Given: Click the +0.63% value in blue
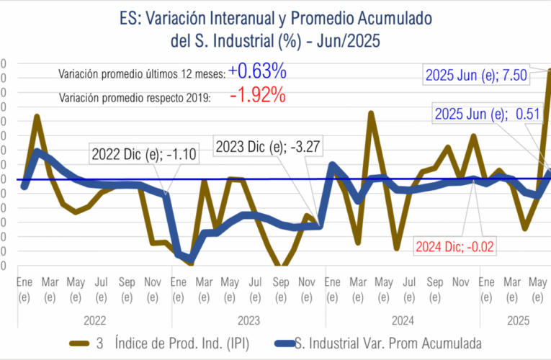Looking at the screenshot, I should click(257, 71).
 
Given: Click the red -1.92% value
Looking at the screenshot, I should click(257, 94).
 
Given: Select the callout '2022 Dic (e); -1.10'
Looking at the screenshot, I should click(135, 153).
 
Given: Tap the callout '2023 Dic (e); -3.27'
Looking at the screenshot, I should click(268, 148).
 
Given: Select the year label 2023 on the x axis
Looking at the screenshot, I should click(248, 318).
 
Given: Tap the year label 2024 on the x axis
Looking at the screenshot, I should click(402, 318).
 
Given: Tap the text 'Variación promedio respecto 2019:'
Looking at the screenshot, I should click(134, 97).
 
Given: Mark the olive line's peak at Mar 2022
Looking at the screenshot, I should click(36, 116).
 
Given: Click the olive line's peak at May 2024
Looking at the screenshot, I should click(371, 113).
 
